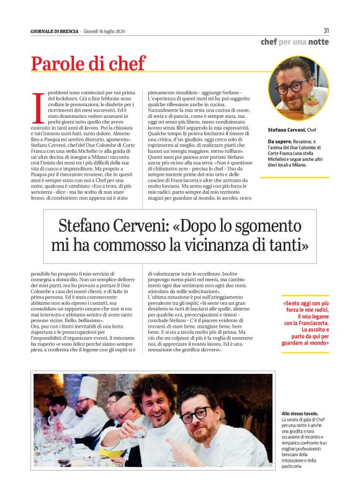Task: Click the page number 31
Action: [x=326, y=31]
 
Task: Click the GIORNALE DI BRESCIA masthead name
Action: [x=55, y=32]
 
